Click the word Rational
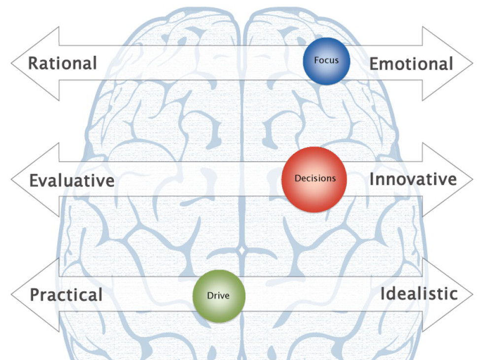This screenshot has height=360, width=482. click(x=62, y=64)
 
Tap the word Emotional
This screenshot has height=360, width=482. click(x=411, y=64)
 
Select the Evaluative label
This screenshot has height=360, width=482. click(x=71, y=180)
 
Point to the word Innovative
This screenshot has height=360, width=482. click(x=413, y=179)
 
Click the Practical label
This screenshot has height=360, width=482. click(x=66, y=295)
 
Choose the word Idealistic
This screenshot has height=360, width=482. click(x=419, y=294)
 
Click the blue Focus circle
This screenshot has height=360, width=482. click(x=326, y=61)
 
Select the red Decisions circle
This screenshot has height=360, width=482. click(x=314, y=179)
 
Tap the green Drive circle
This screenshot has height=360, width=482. click(x=219, y=296)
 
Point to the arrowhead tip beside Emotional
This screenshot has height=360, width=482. click(x=472, y=64)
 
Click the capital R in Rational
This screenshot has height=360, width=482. click(x=33, y=64)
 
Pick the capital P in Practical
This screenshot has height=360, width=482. click(x=35, y=295)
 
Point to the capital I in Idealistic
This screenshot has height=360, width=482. click(x=382, y=294)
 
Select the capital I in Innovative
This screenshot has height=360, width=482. click(x=372, y=179)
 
